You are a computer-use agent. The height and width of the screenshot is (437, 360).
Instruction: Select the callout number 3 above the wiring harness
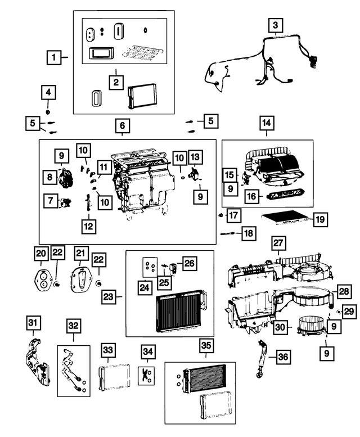tap(275, 25)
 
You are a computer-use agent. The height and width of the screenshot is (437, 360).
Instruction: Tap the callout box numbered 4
tap(48, 92)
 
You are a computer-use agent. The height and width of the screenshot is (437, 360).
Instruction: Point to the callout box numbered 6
tap(122, 126)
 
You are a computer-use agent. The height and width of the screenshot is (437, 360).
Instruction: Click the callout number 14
tap(266, 123)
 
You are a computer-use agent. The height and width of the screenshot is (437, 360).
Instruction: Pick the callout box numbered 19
tap(319, 219)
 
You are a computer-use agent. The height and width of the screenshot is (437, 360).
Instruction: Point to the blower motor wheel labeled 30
tap(307, 325)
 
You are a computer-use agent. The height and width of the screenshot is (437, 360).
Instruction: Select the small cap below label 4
tap(48, 106)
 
